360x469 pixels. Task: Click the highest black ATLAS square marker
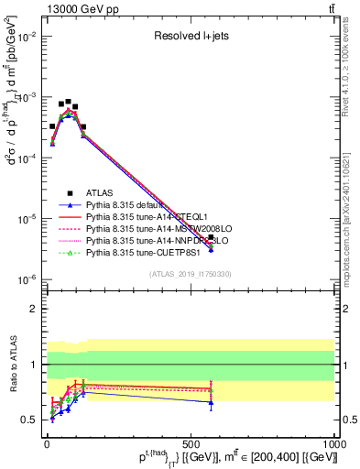point(68,102)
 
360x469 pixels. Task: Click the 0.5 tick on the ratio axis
point(30,420)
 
